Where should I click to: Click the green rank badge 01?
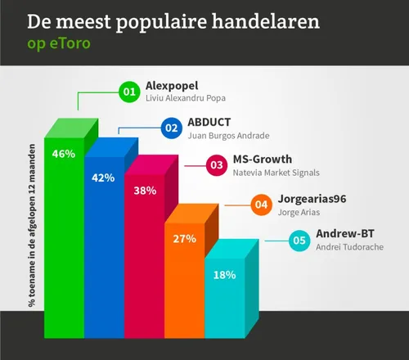pos(128,92)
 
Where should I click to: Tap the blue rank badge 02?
pos(172,128)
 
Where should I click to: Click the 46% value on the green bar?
pos(64,153)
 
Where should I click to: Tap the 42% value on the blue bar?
pos(103,178)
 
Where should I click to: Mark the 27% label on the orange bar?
pos(184,239)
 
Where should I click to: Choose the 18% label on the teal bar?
pos(224,275)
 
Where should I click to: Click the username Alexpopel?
pos(172,85)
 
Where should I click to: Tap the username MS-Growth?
pos(263,160)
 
